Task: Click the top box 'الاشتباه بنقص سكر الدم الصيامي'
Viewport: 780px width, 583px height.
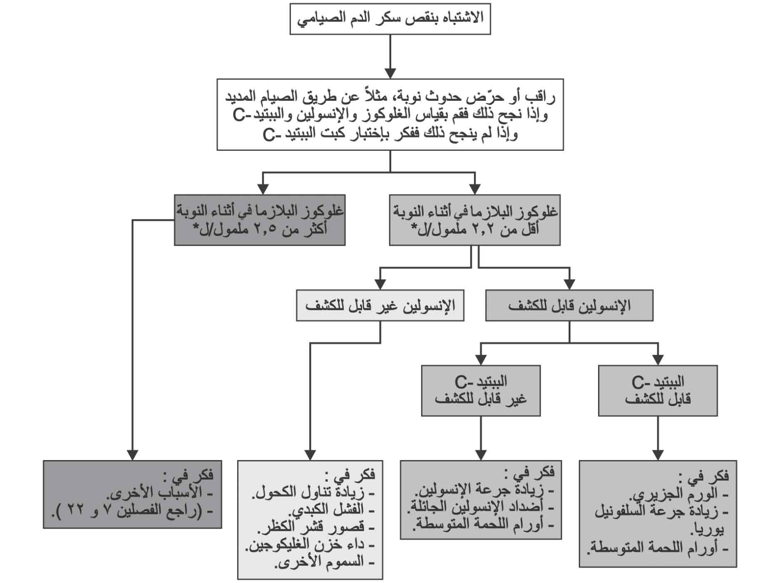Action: pyautogui.click(x=390, y=19)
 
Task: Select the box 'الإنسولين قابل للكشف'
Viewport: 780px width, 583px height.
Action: pyautogui.click(x=569, y=305)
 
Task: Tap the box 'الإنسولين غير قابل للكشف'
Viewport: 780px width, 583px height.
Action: pyautogui.click(x=380, y=305)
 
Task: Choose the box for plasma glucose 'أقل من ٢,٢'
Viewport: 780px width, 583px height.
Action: pyautogui.click(x=474, y=220)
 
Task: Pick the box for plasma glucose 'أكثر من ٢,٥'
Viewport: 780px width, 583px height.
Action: pyautogui.click(x=260, y=220)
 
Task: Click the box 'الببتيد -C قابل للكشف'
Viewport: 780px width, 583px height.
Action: pyautogui.click(x=658, y=391)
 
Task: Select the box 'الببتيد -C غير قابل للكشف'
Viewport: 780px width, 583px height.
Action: pyautogui.click(x=481, y=391)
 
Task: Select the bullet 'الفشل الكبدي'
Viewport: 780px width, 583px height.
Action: pyautogui.click(x=331, y=509)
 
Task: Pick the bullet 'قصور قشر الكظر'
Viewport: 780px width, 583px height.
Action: pyautogui.click(x=316, y=527)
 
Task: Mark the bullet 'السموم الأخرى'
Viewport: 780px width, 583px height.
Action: pyautogui.click(x=325, y=562)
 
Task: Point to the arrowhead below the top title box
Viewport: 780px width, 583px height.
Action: pyautogui.click(x=390, y=73)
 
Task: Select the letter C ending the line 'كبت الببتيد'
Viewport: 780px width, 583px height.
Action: pyautogui.click(x=270, y=134)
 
